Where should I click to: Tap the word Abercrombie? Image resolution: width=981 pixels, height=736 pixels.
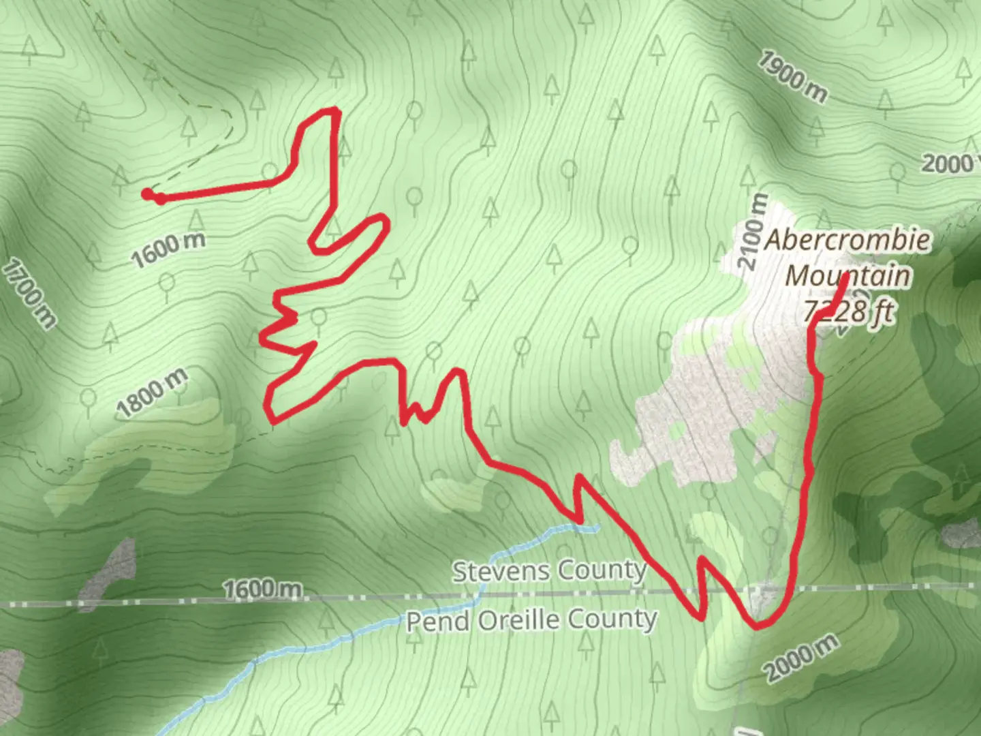(x=847, y=240)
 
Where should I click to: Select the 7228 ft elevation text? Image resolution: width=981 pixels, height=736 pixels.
(x=849, y=311)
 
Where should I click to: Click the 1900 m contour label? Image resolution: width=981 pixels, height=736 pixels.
(x=792, y=78)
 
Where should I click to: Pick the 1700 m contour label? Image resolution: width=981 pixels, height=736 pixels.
(x=29, y=293)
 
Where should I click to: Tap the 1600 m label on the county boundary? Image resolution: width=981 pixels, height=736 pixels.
(x=262, y=588)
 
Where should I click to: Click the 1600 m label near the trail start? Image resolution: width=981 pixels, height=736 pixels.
(x=168, y=250)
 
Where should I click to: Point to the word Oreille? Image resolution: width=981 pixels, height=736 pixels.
(x=519, y=620)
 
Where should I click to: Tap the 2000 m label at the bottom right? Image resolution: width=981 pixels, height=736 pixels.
(x=801, y=657)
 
